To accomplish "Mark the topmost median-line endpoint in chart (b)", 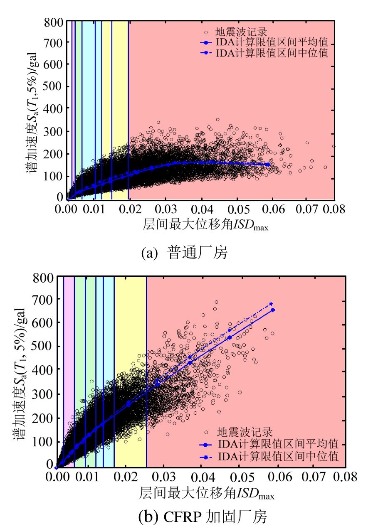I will click(x=272, y=304).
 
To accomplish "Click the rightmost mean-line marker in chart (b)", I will click(x=273, y=310).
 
